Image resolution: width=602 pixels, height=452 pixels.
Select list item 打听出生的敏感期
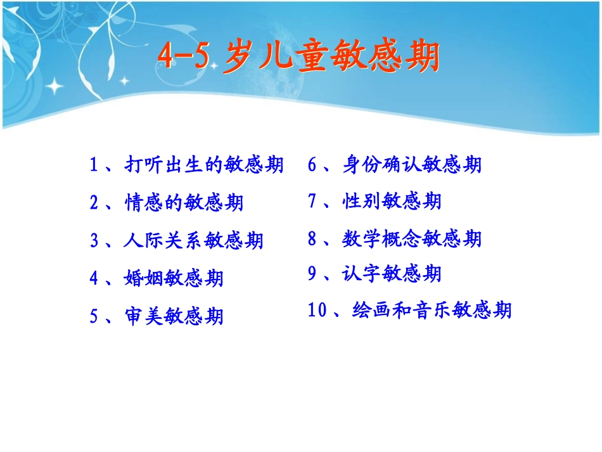[x=203, y=165]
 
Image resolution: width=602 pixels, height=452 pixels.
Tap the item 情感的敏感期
[x=184, y=203]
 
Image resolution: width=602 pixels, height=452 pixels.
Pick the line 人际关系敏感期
[x=194, y=240]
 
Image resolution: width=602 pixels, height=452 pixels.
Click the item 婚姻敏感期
[x=174, y=278]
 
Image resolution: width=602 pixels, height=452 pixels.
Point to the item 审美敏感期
[x=174, y=315]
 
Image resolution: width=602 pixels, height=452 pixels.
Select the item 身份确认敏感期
[x=412, y=165]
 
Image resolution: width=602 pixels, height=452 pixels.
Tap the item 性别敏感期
[x=392, y=202]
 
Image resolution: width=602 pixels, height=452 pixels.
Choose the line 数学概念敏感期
[x=412, y=239]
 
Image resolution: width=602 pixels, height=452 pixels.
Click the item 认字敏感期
[x=392, y=274]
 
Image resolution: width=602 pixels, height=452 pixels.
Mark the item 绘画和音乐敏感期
[x=432, y=311]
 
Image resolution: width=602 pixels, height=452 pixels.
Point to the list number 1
[x=94, y=165]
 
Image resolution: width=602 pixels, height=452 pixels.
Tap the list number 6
[x=312, y=165]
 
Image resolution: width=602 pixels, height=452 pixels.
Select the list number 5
[x=94, y=315]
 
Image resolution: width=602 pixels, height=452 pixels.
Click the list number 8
[x=312, y=239]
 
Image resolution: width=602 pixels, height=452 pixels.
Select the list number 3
[x=94, y=240]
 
